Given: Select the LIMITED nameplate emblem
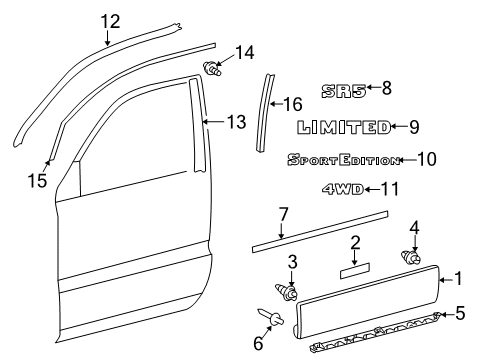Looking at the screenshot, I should [x=343, y=127].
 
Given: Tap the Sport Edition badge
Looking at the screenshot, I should [x=343, y=159].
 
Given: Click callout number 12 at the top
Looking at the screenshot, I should [x=109, y=19].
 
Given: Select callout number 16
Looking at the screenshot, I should [x=294, y=103].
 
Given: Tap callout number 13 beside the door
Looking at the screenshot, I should [x=235, y=122].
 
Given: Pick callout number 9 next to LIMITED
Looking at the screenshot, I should [x=414, y=127].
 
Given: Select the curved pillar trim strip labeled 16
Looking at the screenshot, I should [x=267, y=110].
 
